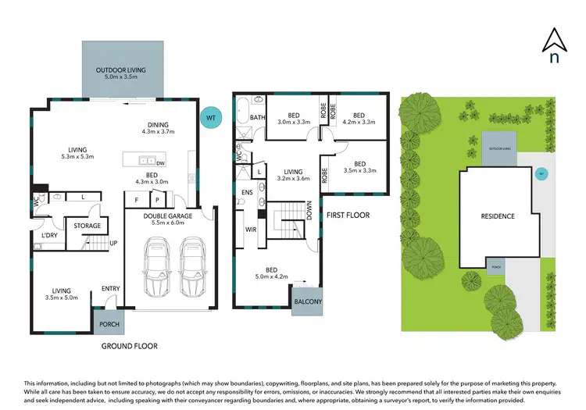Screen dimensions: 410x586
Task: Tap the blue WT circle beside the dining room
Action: pyautogui.click(x=209, y=117)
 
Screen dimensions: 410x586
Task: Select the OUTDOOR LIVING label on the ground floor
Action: pyautogui.click(x=126, y=70)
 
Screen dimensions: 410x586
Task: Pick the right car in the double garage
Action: pyautogui.click(x=192, y=263)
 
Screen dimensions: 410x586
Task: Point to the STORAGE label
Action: pyautogui.click(x=88, y=226)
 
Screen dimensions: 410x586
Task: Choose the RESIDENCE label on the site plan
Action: pyautogui.click(x=497, y=216)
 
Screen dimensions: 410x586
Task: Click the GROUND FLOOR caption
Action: pyautogui.click(x=130, y=345)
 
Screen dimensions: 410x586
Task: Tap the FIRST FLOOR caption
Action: pyautogui.click(x=347, y=214)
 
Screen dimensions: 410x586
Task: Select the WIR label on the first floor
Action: pyautogui.click(x=252, y=230)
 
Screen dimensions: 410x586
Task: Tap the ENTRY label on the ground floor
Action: pyautogui.click(x=110, y=289)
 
